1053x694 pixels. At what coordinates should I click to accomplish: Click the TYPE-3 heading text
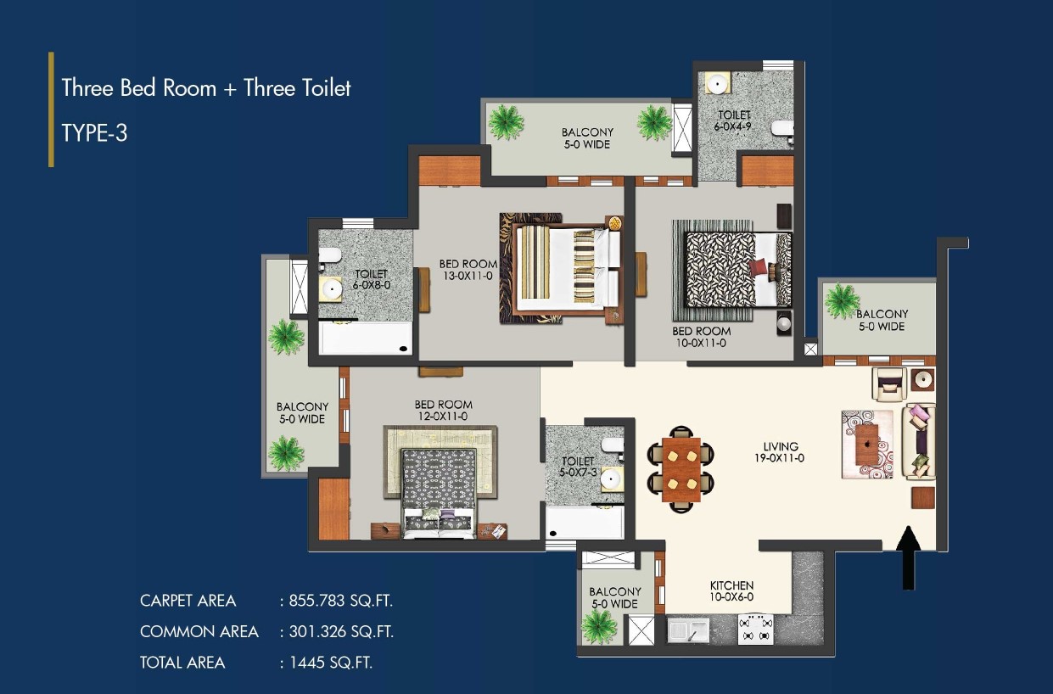94,132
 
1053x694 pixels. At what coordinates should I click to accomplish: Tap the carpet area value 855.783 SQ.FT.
340,601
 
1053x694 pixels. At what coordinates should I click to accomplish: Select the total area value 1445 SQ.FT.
330,663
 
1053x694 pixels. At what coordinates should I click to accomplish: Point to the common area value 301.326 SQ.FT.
341,631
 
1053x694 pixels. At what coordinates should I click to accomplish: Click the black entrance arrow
908,557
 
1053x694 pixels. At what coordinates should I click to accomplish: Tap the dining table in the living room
681,469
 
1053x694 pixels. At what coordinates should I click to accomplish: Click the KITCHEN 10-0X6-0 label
731,591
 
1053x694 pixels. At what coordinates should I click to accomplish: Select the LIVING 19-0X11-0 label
780,452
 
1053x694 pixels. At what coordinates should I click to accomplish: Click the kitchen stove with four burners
755,630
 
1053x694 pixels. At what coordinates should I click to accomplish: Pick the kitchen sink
688,630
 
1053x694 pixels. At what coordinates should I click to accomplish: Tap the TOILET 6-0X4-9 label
733,120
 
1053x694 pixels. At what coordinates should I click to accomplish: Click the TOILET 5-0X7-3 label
578,467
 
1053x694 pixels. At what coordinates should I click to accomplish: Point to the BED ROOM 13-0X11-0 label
468,270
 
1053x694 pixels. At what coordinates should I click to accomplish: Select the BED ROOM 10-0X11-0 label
702,337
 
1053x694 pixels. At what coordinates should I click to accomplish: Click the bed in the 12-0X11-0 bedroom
439,493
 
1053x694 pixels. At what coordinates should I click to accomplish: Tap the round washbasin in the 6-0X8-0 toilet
331,288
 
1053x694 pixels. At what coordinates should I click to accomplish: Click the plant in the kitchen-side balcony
598,626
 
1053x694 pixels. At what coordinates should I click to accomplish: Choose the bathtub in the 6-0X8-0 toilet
365,338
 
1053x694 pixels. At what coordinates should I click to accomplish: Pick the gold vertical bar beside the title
51,109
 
